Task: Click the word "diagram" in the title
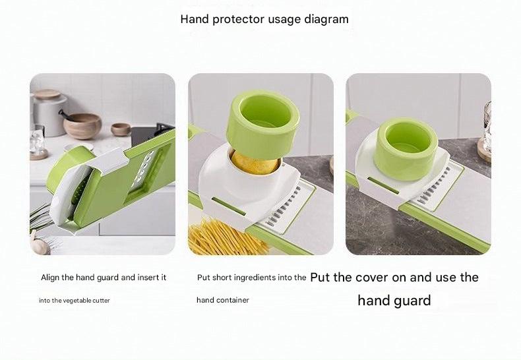(x=326, y=19)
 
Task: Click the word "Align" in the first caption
(x=51, y=278)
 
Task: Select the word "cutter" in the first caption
(x=102, y=301)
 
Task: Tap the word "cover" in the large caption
(x=369, y=278)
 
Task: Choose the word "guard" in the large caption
(x=412, y=301)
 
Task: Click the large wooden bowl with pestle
(x=82, y=125)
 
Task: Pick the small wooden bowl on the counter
(x=121, y=129)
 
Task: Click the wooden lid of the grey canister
(x=47, y=94)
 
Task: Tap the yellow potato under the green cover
(x=255, y=162)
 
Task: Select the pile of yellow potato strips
(x=228, y=237)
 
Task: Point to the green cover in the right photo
(x=406, y=149)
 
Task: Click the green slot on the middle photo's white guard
(x=229, y=206)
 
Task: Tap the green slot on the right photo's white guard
(x=383, y=185)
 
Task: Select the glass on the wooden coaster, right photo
(x=486, y=132)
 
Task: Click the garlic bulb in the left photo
(x=40, y=245)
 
